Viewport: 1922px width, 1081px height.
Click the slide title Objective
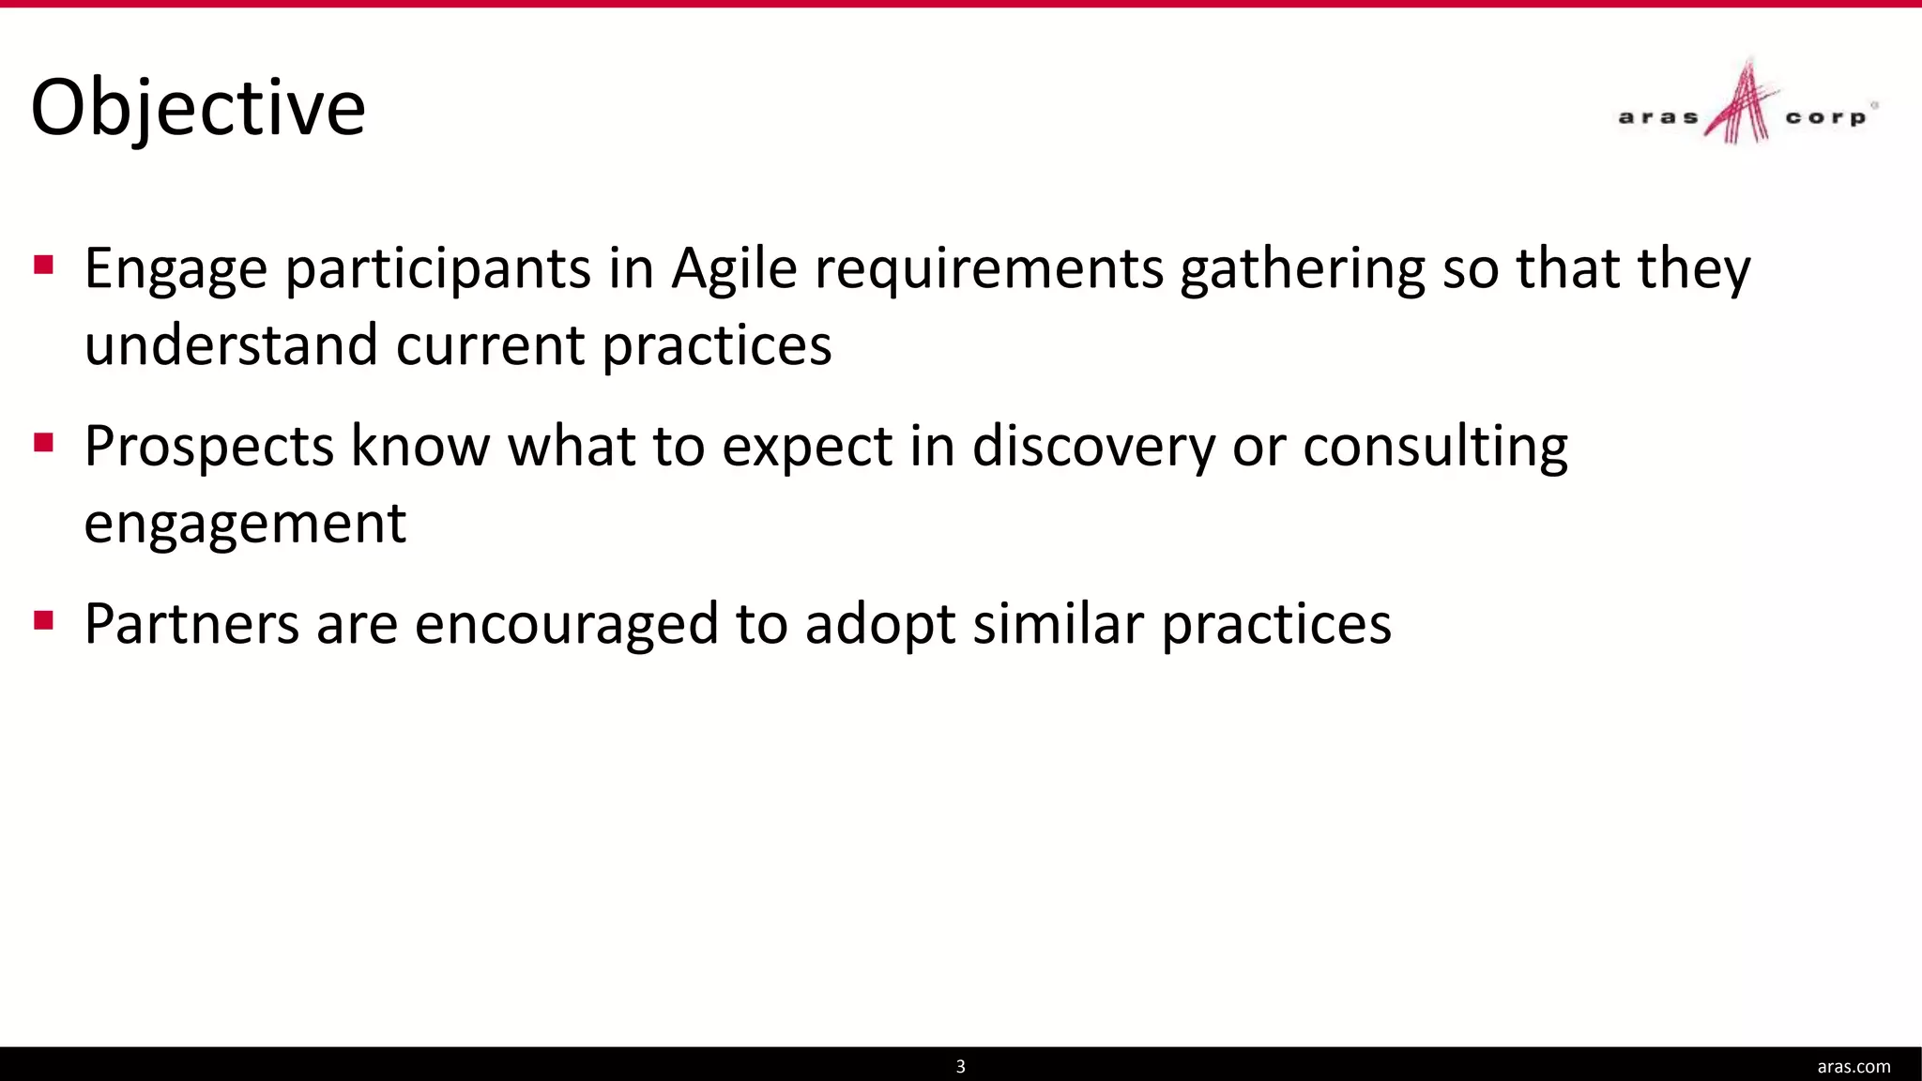(198, 108)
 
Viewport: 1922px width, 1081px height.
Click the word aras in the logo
(1658, 118)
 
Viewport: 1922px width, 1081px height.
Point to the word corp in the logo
(1825, 118)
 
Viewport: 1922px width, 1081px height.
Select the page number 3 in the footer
(960, 1066)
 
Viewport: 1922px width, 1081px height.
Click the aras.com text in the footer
(1853, 1066)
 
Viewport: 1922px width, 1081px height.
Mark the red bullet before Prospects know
(43, 441)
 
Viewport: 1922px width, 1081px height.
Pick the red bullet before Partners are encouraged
(43, 619)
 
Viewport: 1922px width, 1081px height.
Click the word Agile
(734, 269)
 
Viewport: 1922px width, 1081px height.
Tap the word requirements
(989, 269)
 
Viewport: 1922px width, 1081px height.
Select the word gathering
(1302, 269)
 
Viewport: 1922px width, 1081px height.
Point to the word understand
(231, 345)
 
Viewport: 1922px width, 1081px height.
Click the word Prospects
(208, 447)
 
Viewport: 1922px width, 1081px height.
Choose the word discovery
(1093, 447)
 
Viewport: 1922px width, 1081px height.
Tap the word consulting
(1435, 447)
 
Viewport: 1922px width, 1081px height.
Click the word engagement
(245, 524)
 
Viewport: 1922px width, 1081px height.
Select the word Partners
(191, 624)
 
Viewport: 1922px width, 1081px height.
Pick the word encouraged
(566, 624)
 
